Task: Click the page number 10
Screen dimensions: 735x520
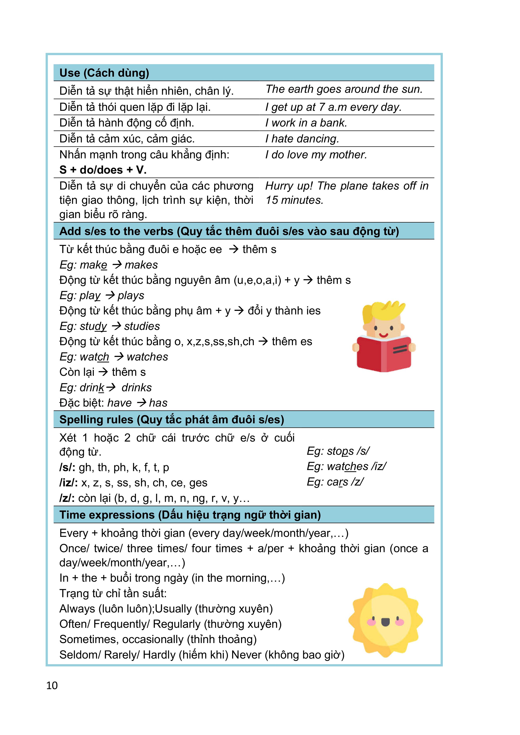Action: tap(52, 685)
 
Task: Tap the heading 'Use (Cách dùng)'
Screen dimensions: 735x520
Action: tap(104, 73)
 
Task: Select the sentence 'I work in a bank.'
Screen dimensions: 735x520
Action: tap(306, 123)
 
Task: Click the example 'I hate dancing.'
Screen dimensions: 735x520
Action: tap(302, 139)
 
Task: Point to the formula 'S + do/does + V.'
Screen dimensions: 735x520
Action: tap(103, 170)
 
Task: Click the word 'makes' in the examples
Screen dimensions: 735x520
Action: tap(141, 265)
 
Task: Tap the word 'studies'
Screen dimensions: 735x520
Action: tap(142, 326)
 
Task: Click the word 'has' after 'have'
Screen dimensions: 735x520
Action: tap(158, 403)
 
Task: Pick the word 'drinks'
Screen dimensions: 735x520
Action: tap(136, 388)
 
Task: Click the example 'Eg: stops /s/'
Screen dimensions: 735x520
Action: tap(338, 451)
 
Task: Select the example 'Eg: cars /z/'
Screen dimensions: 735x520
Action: tap(335, 482)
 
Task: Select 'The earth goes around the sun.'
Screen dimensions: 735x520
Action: tap(344, 89)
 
